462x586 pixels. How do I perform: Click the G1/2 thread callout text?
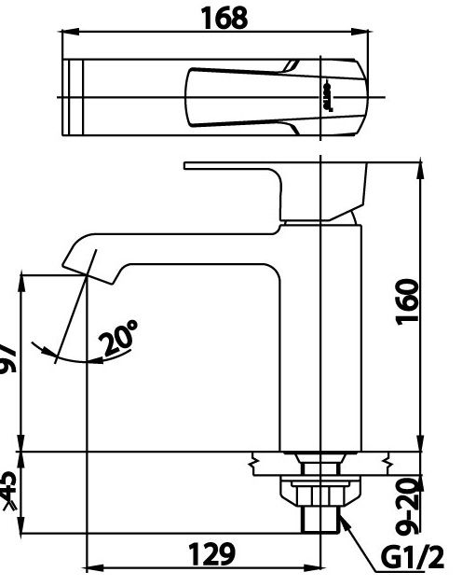click(413, 559)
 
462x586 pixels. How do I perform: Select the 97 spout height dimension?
click(7, 357)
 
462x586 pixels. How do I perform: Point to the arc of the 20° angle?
click(75, 358)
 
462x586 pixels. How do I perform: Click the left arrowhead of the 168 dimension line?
click(67, 32)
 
